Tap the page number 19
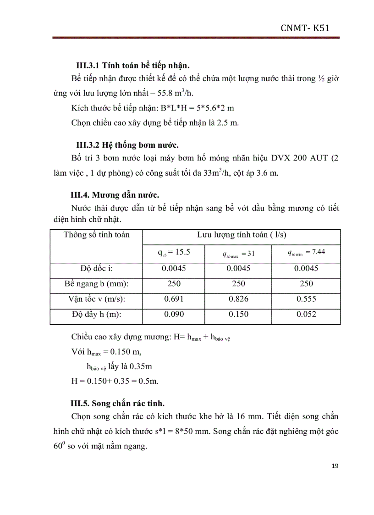click(x=335, y=466)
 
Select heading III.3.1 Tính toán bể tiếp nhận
click(x=132, y=64)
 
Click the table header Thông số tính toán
click(x=96, y=235)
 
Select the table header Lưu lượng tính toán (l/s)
click(x=242, y=235)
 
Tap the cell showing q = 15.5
click(x=174, y=252)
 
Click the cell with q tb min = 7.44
click(x=306, y=252)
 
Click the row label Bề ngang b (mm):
click(x=96, y=284)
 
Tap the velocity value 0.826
click(x=238, y=299)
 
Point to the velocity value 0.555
click(x=306, y=299)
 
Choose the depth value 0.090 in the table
click(x=174, y=315)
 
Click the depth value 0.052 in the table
click(x=306, y=315)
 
